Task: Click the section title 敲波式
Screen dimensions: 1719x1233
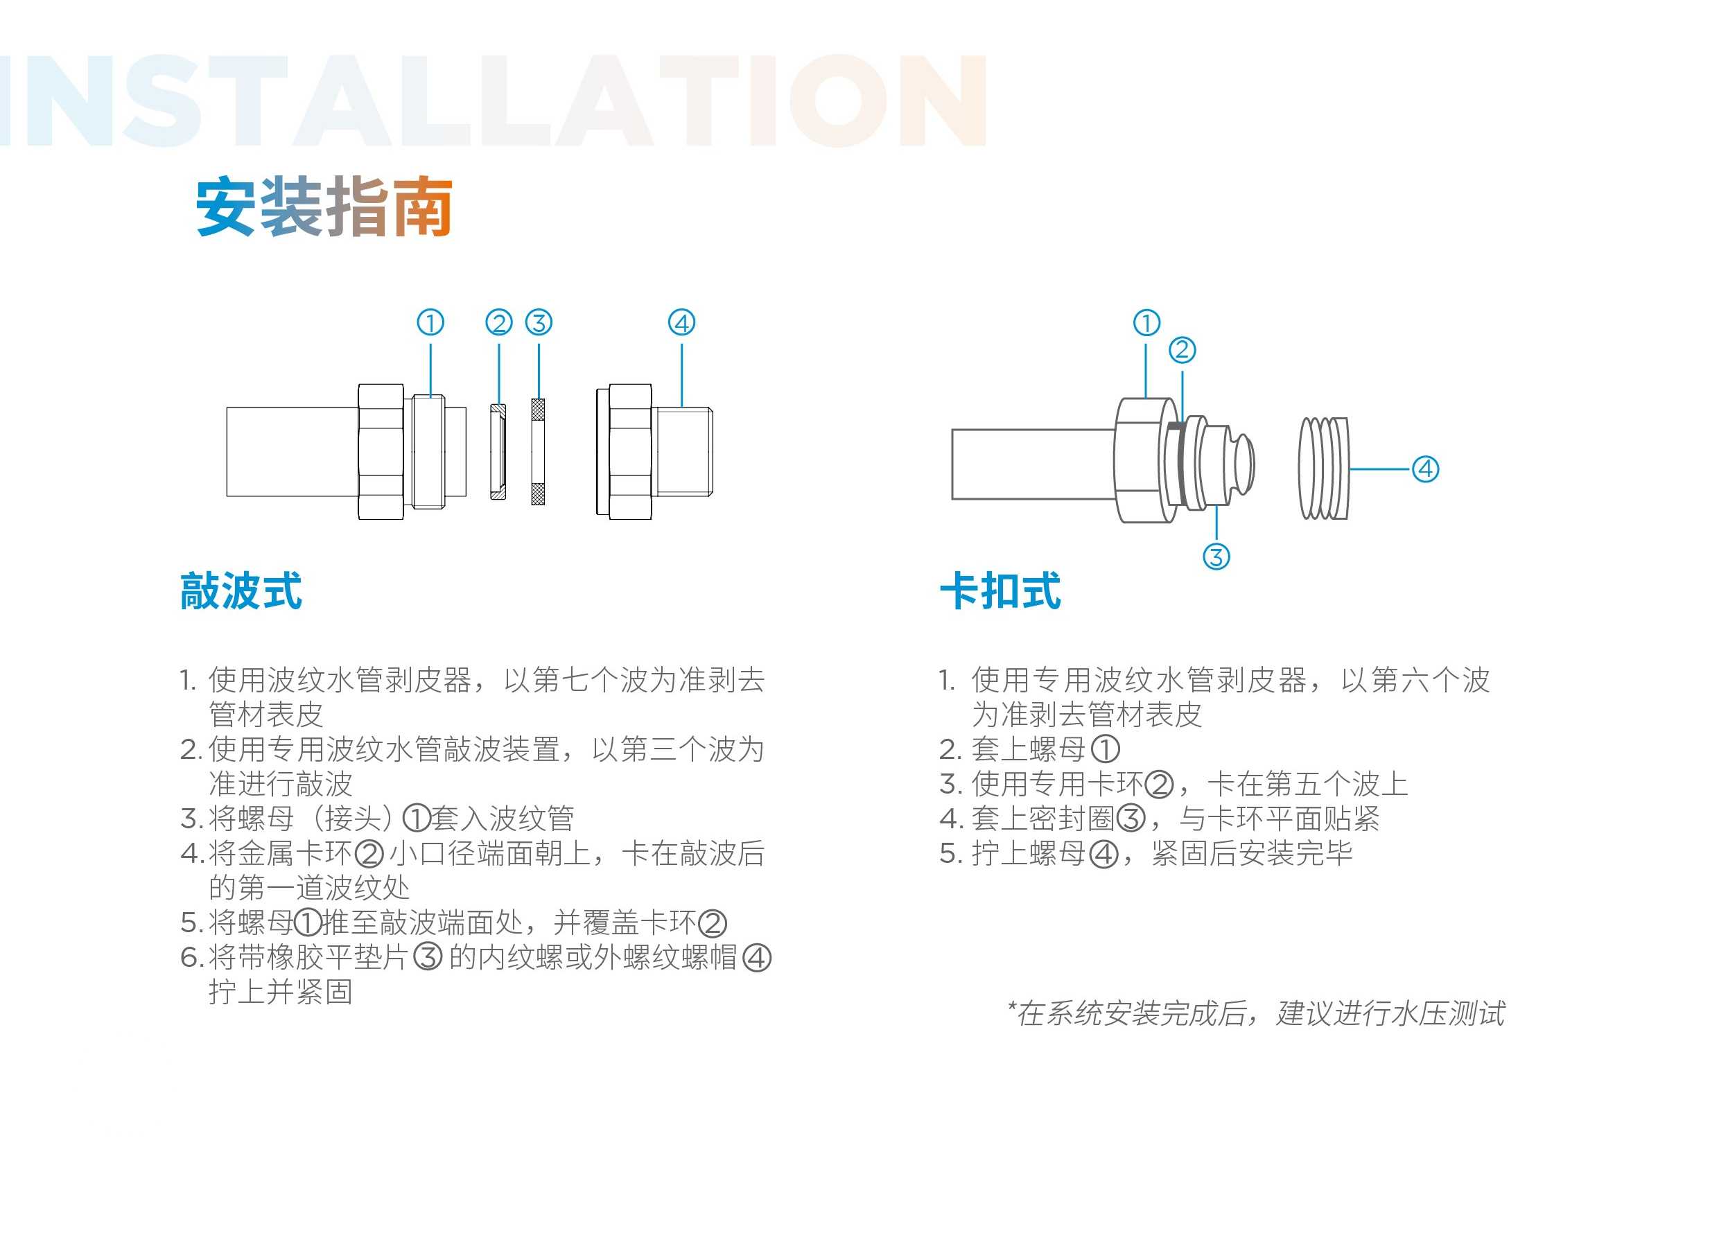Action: [x=241, y=591]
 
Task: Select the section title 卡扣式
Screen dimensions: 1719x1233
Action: [x=1000, y=591]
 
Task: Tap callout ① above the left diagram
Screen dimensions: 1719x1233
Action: [x=430, y=323]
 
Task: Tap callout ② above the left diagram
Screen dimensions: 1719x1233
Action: [x=499, y=323]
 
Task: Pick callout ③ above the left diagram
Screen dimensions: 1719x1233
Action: [x=539, y=323]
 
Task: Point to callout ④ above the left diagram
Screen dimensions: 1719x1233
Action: [x=681, y=323]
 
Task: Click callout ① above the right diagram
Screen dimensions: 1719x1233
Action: [x=1146, y=323]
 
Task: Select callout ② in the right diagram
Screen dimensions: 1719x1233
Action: [x=1183, y=350]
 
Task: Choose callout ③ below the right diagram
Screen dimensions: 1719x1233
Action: [x=1216, y=557]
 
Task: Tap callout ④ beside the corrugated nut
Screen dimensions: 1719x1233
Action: [x=1425, y=469]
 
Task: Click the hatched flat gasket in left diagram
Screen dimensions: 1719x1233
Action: [x=538, y=452]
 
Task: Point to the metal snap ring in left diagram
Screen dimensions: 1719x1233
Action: [x=498, y=452]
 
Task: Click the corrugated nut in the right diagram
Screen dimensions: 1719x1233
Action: [x=1323, y=469]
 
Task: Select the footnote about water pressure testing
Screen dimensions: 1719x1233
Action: [x=1256, y=1013]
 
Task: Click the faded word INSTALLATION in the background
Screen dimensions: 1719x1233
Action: [x=493, y=100]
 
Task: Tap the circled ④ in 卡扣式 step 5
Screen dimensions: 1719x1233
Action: [x=1103, y=854]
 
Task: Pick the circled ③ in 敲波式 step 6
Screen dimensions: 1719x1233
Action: [x=428, y=957]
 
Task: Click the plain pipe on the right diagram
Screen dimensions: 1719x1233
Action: [x=1033, y=464]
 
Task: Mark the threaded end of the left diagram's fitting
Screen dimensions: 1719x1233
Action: [x=683, y=452]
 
